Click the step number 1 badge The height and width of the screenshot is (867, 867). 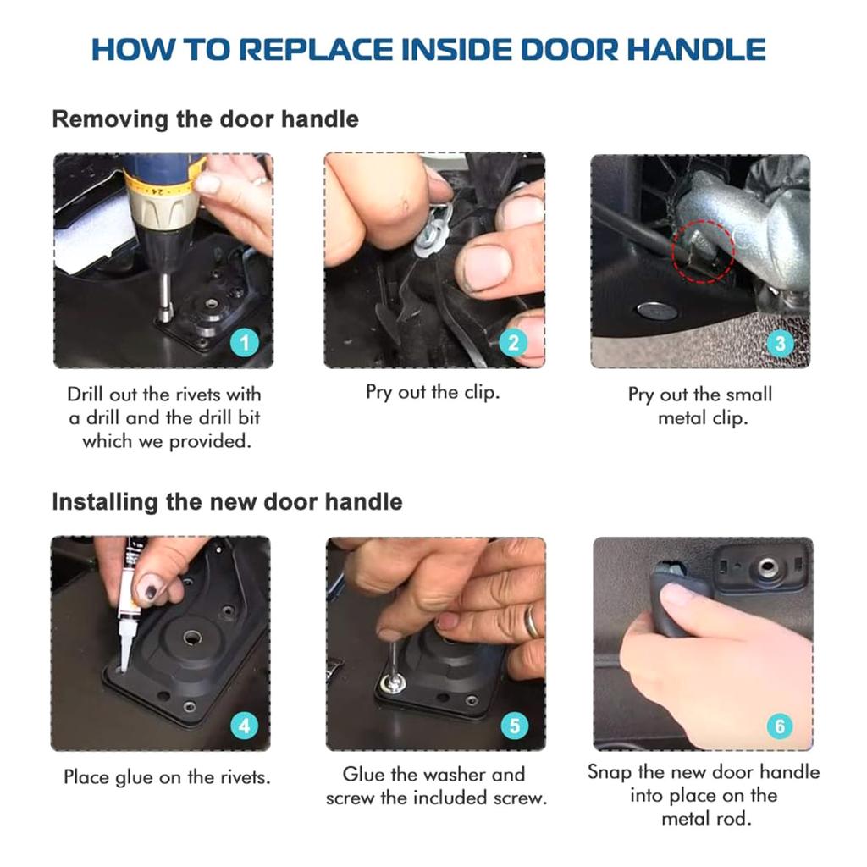coord(245,343)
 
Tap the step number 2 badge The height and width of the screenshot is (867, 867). coord(513,343)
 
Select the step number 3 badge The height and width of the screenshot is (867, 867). coord(780,343)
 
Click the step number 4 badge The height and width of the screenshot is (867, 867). coord(245,726)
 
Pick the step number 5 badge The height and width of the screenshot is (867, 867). coord(514,726)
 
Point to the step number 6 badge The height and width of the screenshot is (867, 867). coord(780,726)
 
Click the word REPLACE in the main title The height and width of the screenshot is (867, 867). coord(314,49)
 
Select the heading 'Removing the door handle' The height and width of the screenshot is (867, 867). coord(205,119)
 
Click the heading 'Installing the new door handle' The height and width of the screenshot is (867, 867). coord(227,501)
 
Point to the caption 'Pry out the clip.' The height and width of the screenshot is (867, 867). coord(433,392)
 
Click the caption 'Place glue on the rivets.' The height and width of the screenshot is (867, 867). coord(167,776)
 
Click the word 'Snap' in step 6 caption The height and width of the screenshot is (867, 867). coord(610,771)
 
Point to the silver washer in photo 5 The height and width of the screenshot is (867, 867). coord(393,682)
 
